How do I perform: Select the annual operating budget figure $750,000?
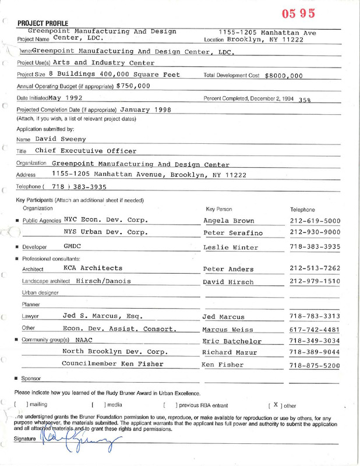click(133, 86)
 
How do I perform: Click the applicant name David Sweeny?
click(61, 139)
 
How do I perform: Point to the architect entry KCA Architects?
click(93, 268)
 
